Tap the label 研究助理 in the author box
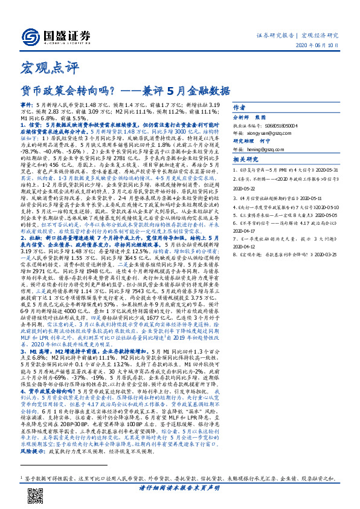244,141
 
